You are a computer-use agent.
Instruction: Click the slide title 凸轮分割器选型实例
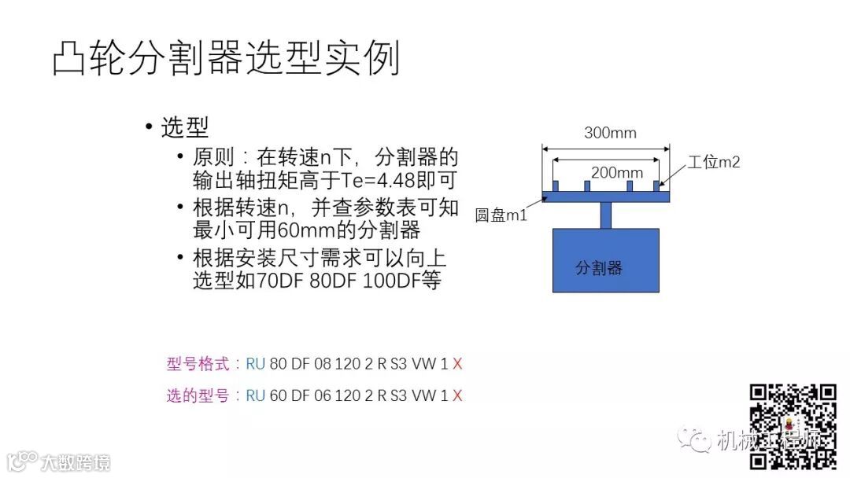pos(227,58)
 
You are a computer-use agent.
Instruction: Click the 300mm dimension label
pos(610,133)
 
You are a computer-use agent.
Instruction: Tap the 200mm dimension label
pos(617,173)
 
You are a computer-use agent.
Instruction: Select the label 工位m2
pos(714,163)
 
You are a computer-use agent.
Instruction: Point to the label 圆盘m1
pos(501,215)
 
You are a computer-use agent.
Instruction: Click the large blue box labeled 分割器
pos(604,260)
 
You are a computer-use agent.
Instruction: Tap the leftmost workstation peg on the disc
pos(556,186)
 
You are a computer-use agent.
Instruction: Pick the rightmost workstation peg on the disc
pos(656,186)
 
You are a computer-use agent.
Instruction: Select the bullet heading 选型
pos(185,127)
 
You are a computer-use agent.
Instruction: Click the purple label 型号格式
pos(198,364)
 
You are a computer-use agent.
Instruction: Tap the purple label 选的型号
pos(198,395)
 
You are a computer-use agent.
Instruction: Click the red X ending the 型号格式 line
pos(457,364)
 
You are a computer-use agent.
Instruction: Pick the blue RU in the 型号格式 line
pos(256,364)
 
